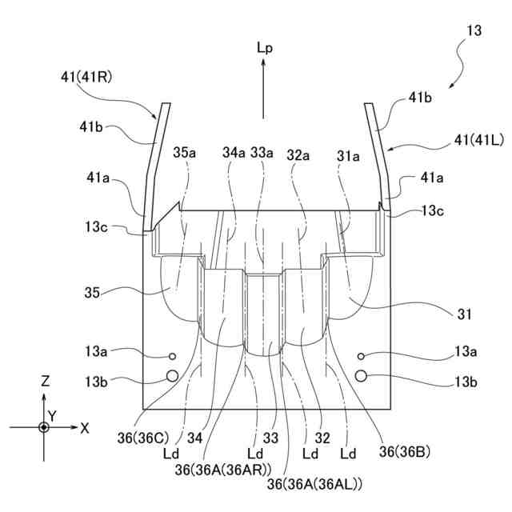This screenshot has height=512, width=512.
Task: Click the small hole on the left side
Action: coord(171,356)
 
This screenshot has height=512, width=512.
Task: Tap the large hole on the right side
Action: coord(362,375)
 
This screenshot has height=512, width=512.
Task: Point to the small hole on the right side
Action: coord(362,356)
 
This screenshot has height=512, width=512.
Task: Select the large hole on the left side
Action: coord(171,375)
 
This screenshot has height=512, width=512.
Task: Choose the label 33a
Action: coord(262,152)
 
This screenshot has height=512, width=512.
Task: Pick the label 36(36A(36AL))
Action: coord(315,484)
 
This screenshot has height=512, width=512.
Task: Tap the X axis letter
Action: coord(85,428)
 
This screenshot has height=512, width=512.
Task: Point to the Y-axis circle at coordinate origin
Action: coord(45,428)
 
